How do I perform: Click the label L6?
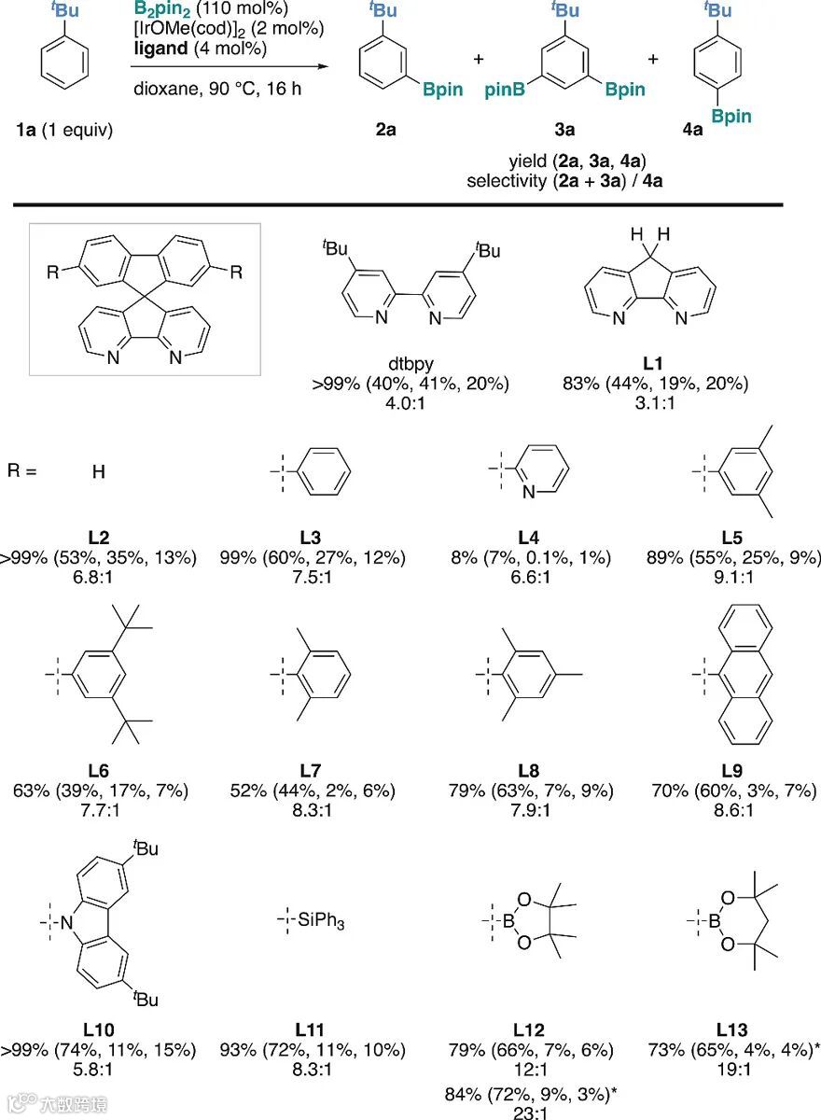(99, 771)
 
